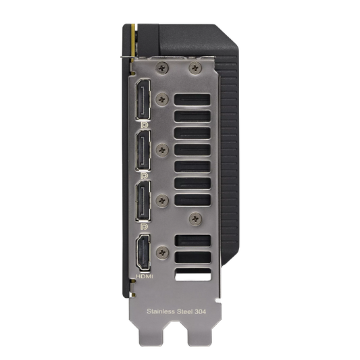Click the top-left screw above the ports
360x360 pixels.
pos(162,66)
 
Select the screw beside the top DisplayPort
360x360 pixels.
pos(161,99)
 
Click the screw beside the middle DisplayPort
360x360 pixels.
pos(161,149)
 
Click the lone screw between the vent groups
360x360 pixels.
pos(196,217)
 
